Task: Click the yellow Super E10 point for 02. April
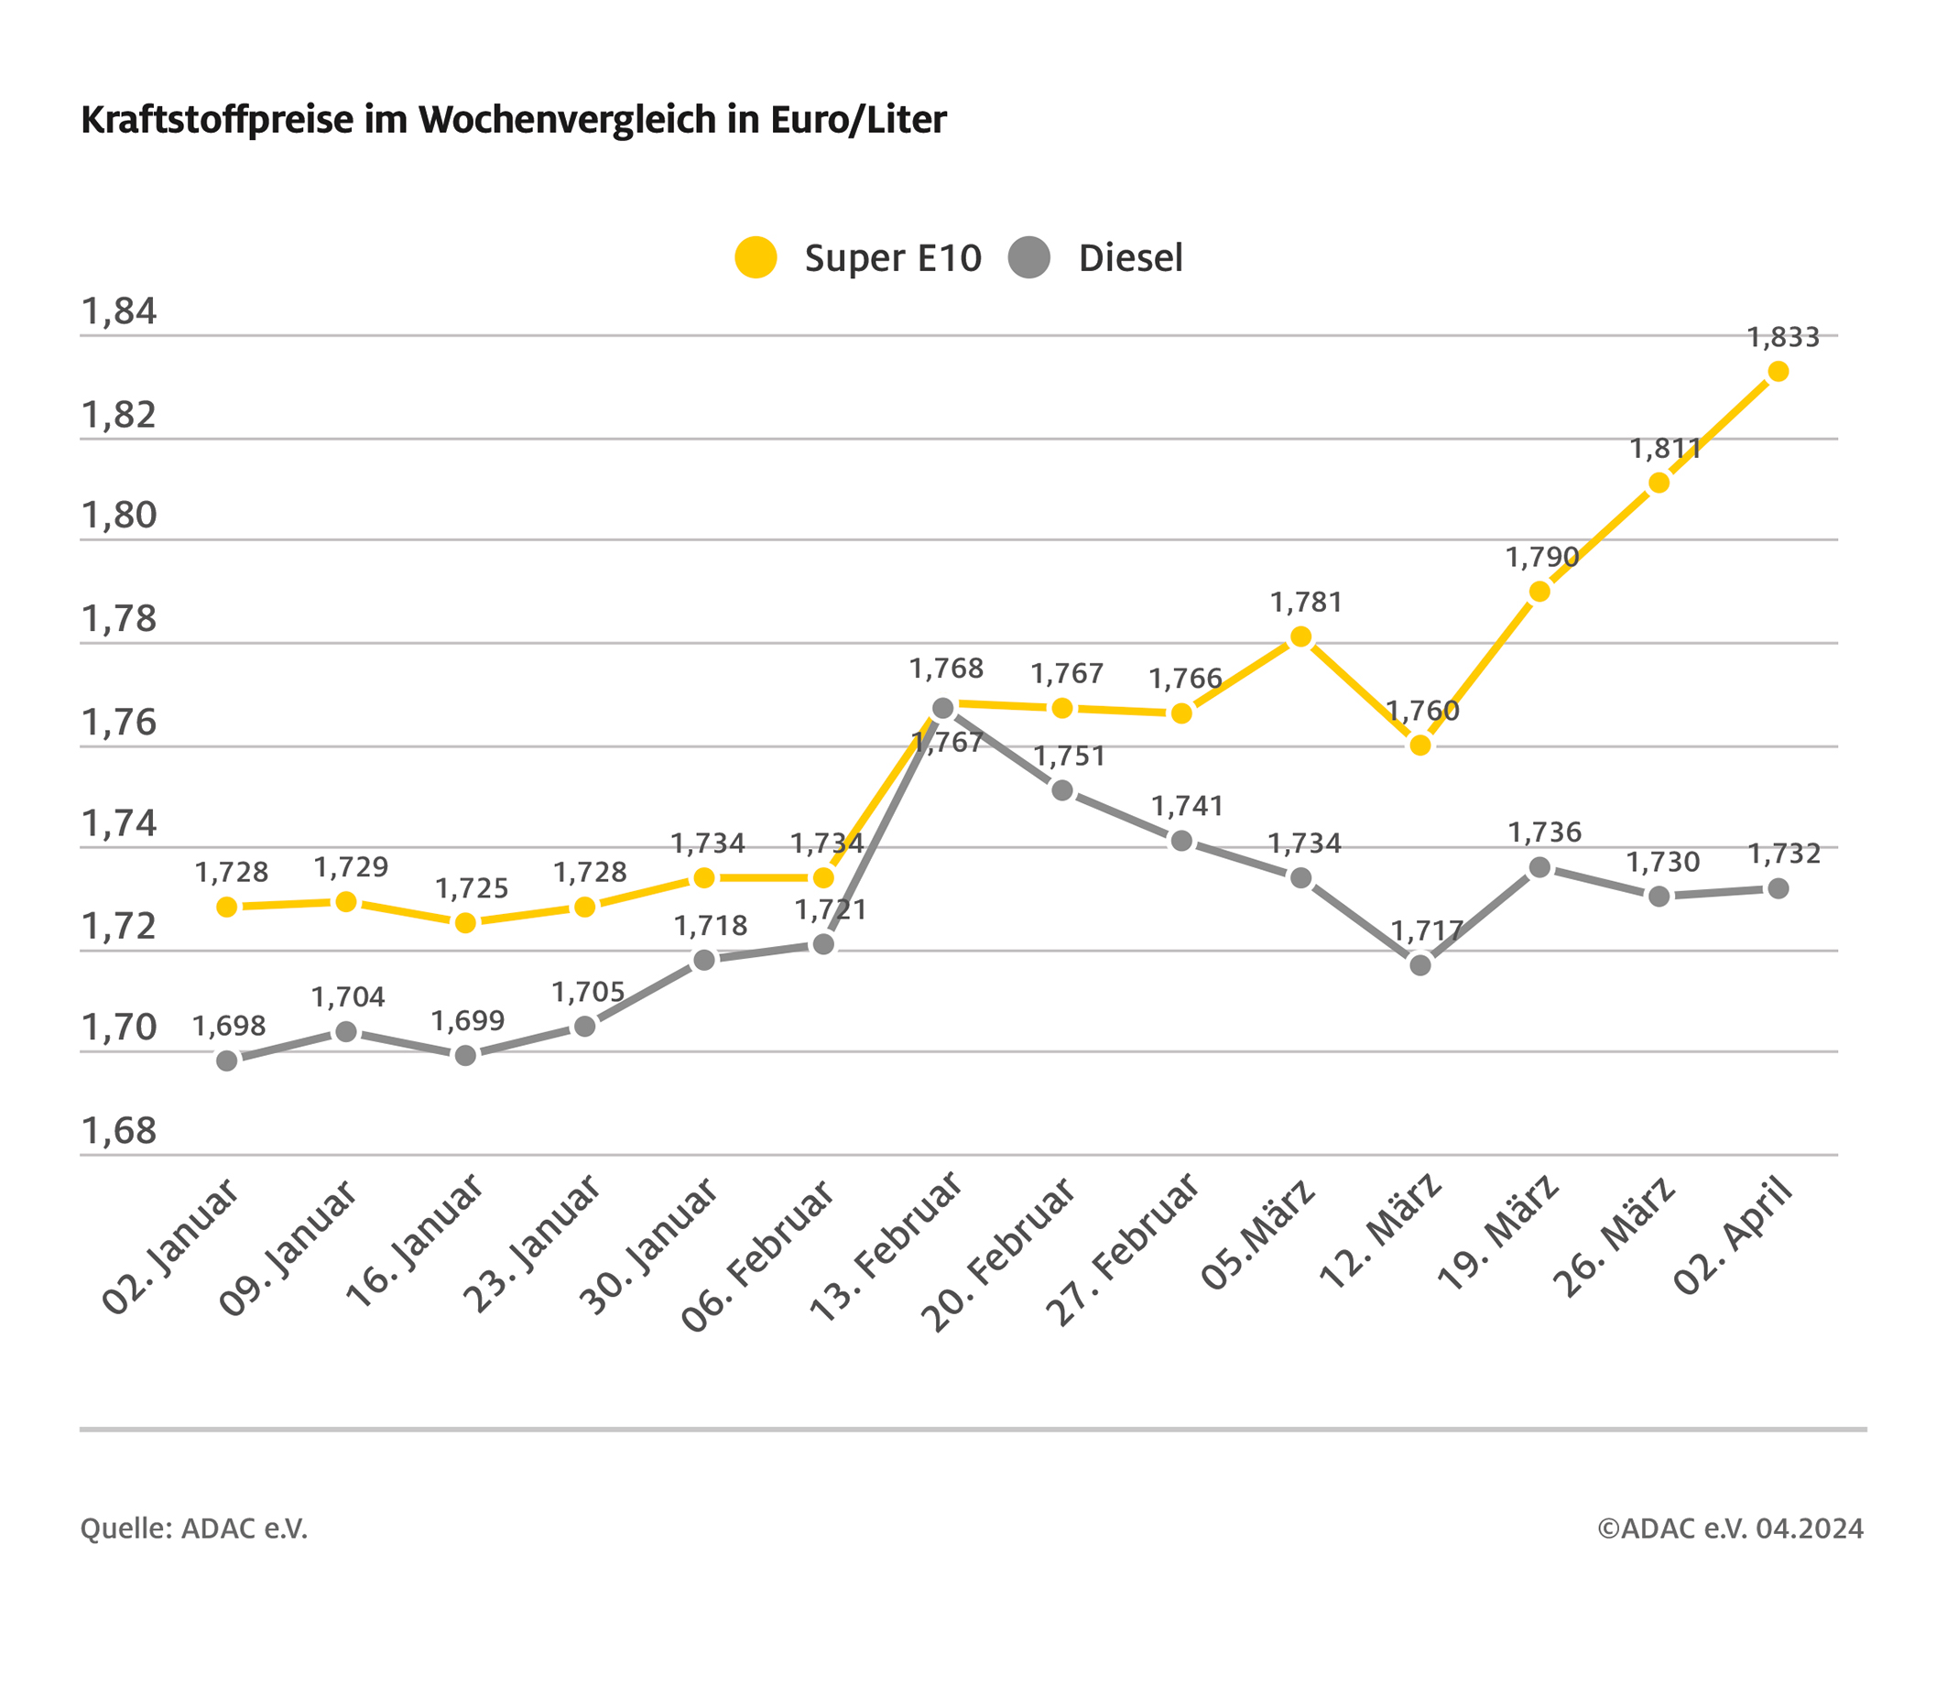pyautogui.click(x=1778, y=372)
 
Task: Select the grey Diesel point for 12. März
pyautogui.click(x=1420, y=965)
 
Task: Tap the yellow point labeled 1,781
pyautogui.click(x=1301, y=636)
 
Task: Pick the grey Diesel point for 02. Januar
pyautogui.click(x=227, y=1061)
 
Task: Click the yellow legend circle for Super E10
pyautogui.click(x=756, y=257)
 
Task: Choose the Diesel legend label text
pyautogui.click(x=1130, y=258)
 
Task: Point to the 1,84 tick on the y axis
pyautogui.click(x=119, y=311)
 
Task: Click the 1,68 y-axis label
pyautogui.click(x=119, y=1131)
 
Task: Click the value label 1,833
pyautogui.click(x=1782, y=337)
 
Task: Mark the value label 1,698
pyautogui.click(x=229, y=1026)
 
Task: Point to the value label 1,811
pyautogui.click(x=1664, y=449)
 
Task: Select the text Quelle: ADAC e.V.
pyautogui.click(x=194, y=1528)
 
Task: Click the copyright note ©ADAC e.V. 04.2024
pyautogui.click(x=1730, y=1528)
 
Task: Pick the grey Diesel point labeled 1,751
pyautogui.click(x=1063, y=789)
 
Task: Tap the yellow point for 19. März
pyautogui.click(x=1539, y=592)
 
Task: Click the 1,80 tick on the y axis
pyautogui.click(x=119, y=516)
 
